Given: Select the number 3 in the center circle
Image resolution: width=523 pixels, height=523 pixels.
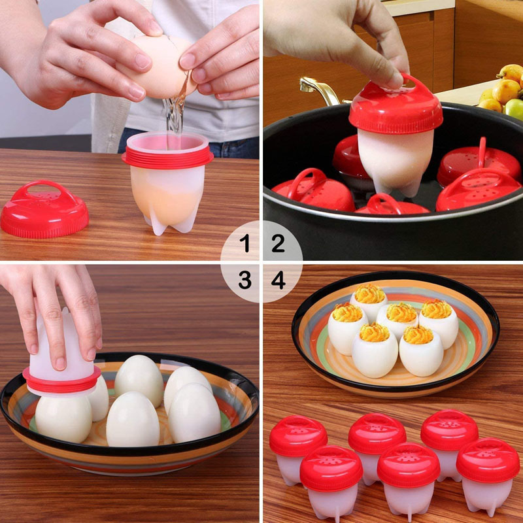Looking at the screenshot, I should pyautogui.click(x=245, y=280).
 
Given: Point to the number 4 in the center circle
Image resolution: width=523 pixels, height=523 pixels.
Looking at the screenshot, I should pyautogui.click(x=278, y=280).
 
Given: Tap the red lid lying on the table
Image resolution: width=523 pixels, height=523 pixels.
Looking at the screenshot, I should pyautogui.click(x=44, y=209).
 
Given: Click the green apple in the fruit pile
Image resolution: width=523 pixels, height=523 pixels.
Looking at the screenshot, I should pyautogui.click(x=515, y=108).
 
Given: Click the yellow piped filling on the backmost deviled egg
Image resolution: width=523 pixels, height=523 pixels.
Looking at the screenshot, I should pyautogui.click(x=369, y=294).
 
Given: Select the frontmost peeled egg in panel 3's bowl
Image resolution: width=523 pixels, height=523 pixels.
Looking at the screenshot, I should pyautogui.click(x=132, y=418).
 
